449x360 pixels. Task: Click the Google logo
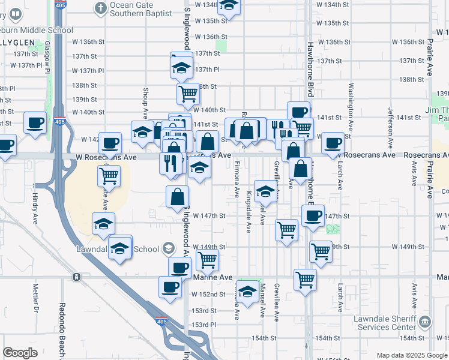click(x=20, y=353)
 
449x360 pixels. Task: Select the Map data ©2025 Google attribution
click(x=412, y=355)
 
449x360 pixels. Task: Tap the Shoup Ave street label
click(x=145, y=100)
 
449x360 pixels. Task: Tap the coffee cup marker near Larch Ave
click(x=333, y=144)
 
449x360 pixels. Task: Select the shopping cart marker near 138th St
click(x=188, y=94)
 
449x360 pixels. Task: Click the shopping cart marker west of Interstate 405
click(x=109, y=176)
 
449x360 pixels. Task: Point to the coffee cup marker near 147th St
click(x=312, y=217)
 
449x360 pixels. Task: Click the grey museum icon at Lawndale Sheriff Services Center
click(x=426, y=321)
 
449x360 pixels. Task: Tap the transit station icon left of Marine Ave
click(x=76, y=277)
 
